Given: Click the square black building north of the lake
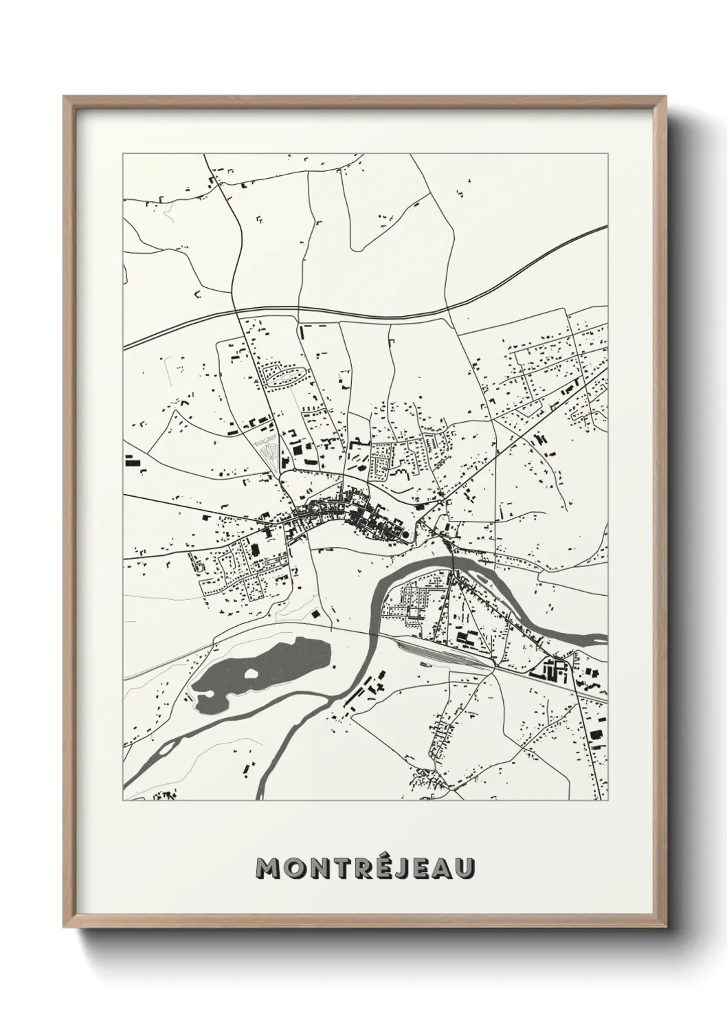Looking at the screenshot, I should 315,614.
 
